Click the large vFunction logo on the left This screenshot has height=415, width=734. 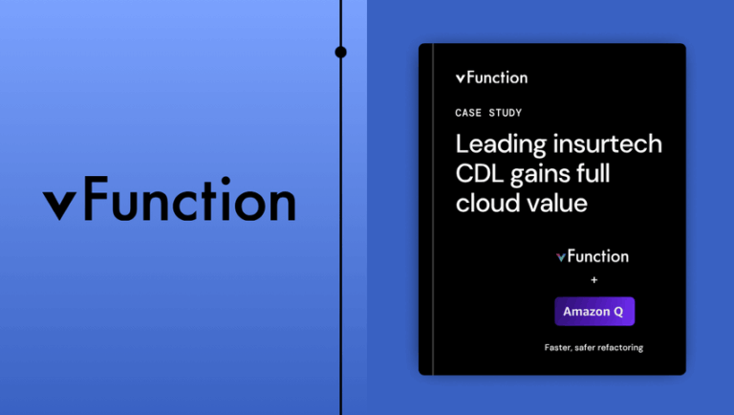coord(169,201)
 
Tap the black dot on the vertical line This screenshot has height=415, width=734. coord(341,52)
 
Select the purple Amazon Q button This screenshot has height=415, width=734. coord(594,312)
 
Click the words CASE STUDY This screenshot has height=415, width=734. coord(488,113)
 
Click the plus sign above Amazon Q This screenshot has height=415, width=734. coord(594,280)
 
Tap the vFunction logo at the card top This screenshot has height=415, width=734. coord(491,77)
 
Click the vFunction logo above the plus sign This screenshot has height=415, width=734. coord(593,256)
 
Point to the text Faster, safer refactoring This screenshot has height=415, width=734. coord(594,347)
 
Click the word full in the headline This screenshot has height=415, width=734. coord(594,175)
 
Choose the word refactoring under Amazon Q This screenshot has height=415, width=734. coord(618,347)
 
